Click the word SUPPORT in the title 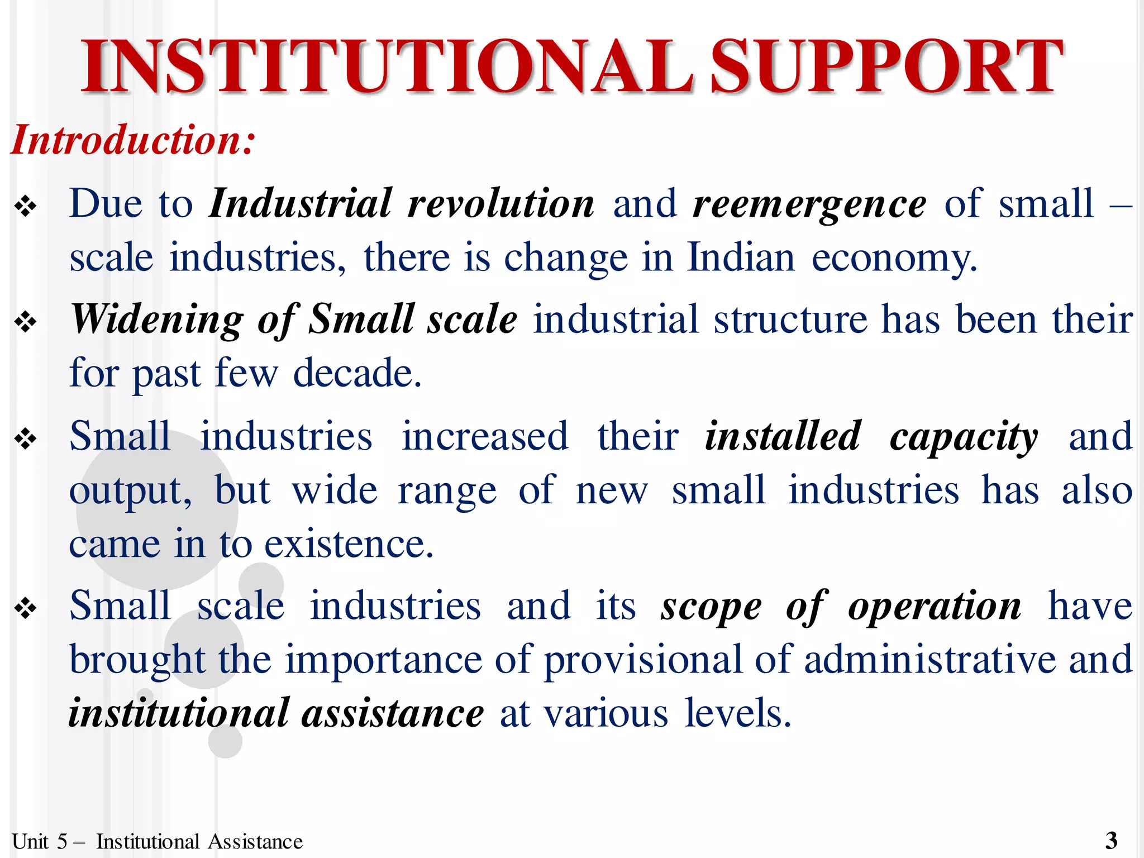click(x=887, y=67)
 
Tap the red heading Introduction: click(x=133, y=140)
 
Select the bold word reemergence click(x=809, y=204)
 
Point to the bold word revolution click(x=501, y=203)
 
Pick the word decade click(x=357, y=373)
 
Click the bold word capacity click(x=964, y=437)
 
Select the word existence click(x=349, y=544)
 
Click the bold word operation click(x=935, y=607)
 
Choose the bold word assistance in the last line click(x=393, y=714)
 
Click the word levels click(x=738, y=714)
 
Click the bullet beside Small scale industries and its click(x=26, y=609)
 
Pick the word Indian click(x=741, y=258)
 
